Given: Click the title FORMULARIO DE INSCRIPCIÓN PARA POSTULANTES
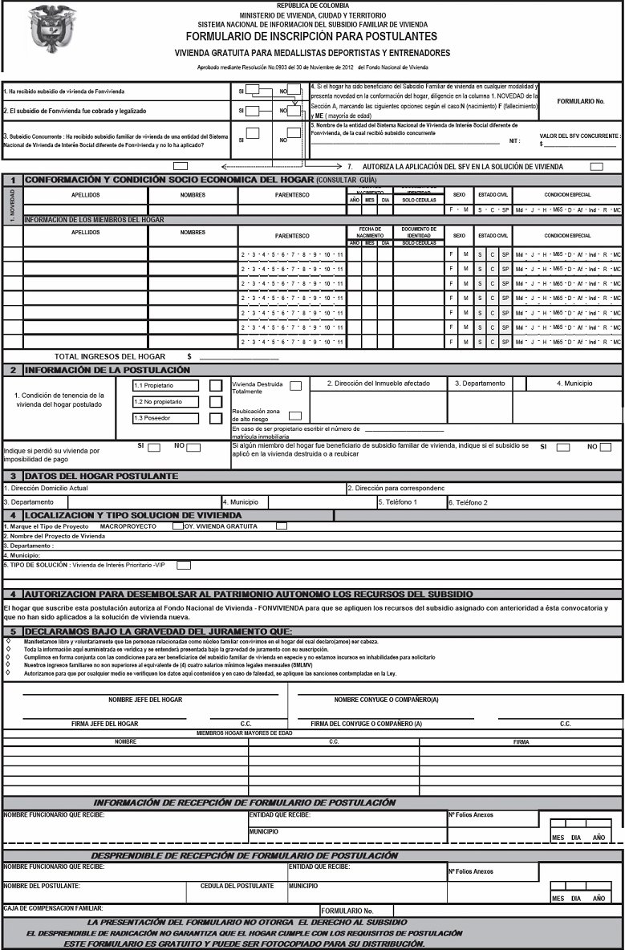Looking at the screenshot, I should pos(312,37).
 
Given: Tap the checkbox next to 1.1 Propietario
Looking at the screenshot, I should pos(215,386).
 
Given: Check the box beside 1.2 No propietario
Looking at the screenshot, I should pos(215,401).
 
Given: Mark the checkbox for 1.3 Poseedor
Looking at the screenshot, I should pos(215,418).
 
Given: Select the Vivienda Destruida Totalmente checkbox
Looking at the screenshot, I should pos(296,386).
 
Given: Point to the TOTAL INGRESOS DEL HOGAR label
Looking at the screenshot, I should pos(110,356).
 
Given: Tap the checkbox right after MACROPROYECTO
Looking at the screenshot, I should pos(178,526).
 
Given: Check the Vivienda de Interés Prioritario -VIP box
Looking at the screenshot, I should pos(184,565).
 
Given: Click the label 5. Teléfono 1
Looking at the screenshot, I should pos(398,502).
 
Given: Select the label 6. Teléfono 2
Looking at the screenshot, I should pos(468,502).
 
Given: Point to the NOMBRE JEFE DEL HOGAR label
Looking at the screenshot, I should pos(145,700).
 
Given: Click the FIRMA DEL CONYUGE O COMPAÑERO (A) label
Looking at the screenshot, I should pos(367,723).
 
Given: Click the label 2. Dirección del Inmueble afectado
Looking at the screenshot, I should pos(378,384).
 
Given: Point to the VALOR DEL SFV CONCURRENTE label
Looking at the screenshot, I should pos(579,137).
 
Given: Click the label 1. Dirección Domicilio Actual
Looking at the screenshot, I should pos(45,488).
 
